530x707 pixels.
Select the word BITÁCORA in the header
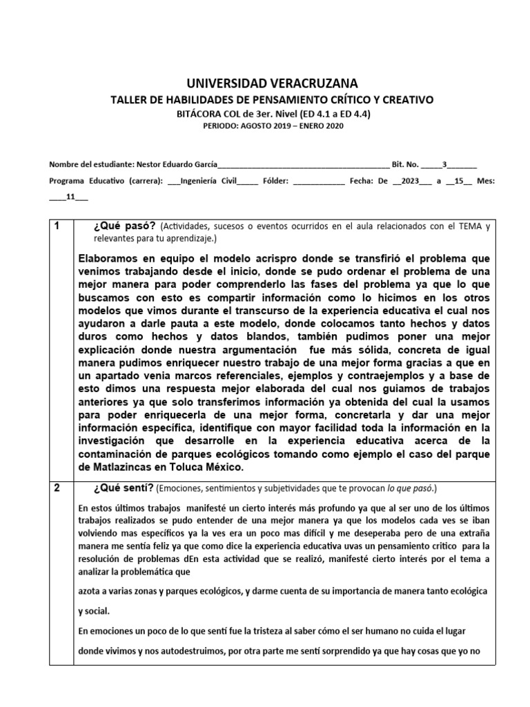(197, 113)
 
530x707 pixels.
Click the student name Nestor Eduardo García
(177, 164)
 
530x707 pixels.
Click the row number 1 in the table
(58, 226)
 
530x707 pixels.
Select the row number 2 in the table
(58, 487)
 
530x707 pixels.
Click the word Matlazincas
(119, 467)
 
